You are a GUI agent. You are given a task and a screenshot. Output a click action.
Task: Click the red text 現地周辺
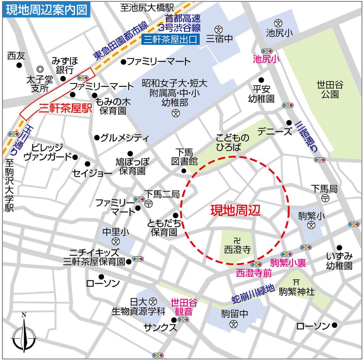[x=236, y=210]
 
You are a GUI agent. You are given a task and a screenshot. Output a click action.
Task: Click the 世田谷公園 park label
[x=330, y=90]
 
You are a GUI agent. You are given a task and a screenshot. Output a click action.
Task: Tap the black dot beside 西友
[x=19, y=66]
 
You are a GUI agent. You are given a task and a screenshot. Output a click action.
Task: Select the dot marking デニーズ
[x=289, y=123]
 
